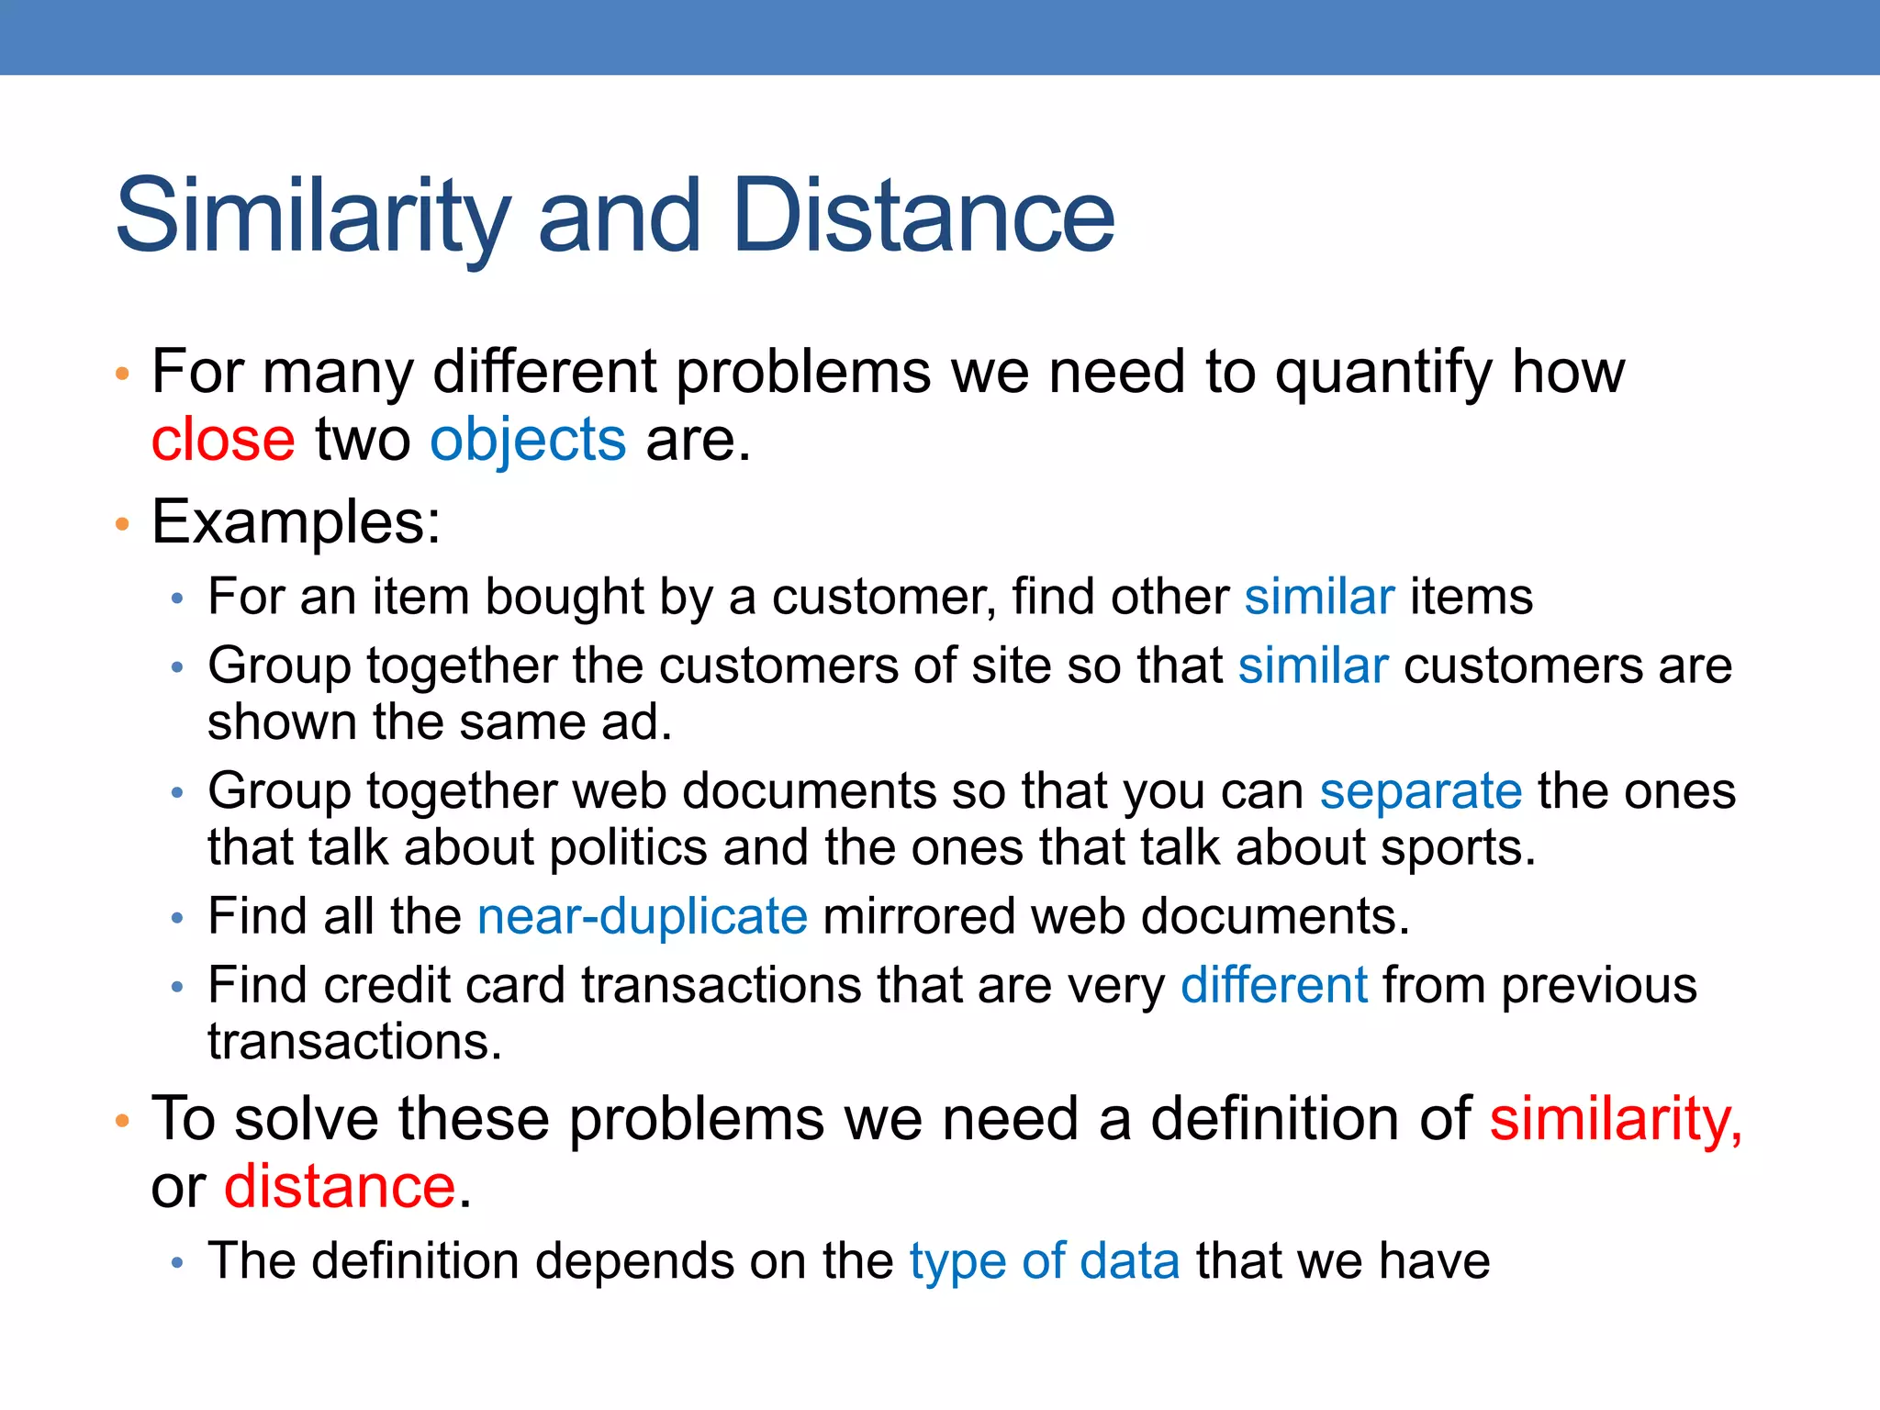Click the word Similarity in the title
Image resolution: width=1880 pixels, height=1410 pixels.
pyautogui.click(x=312, y=217)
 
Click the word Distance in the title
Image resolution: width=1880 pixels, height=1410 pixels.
pyautogui.click(x=923, y=217)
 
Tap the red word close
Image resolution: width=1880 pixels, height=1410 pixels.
pyautogui.click(x=223, y=440)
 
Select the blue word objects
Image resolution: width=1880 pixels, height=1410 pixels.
pyautogui.click(x=528, y=440)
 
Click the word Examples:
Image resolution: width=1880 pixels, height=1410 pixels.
pyautogui.click(x=296, y=522)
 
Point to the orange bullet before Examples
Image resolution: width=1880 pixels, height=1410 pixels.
pyautogui.click(x=122, y=524)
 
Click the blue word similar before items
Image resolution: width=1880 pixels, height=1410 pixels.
pyautogui.click(x=1319, y=597)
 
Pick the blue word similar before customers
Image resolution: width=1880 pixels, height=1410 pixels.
pyautogui.click(x=1313, y=666)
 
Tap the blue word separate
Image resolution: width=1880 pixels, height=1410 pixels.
pyautogui.click(x=1420, y=790)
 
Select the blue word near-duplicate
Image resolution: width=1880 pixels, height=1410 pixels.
pyautogui.click(x=643, y=916)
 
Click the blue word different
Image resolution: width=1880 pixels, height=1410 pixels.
pyautogui.click(x=1274, y=985)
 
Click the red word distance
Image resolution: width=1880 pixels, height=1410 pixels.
pyautogui.click(x=340, y=1186)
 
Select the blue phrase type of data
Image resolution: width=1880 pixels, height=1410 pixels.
pyautogui.click(x=1045, y=1260)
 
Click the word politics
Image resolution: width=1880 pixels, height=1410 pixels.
pyautogui.click(x=628, y=847)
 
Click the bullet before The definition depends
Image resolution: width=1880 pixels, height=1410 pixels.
pyautogui.click(x=178, y=1263)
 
